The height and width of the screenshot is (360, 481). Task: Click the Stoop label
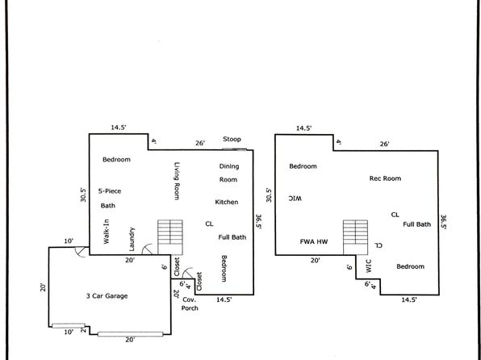(232, 139)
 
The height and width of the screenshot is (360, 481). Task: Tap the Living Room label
(177, 181)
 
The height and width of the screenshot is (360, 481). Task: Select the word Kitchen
(227, 202)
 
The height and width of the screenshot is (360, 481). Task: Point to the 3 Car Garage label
(107, 296)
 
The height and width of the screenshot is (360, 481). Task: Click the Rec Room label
(385, 178)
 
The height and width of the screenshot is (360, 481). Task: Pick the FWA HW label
(313, 241)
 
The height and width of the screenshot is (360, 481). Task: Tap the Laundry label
(132, 239)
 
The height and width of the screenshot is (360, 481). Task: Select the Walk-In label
(107, 232)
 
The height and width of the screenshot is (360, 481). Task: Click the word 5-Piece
(110, 190)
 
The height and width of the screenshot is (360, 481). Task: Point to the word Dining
(229, 166)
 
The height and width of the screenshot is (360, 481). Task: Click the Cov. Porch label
(190, 303)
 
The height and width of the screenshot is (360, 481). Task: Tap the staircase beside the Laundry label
(170, 237)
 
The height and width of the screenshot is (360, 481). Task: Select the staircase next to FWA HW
(356, 237)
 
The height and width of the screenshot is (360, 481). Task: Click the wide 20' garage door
(131, 334)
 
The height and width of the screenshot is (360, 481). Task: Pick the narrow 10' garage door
(69, 325)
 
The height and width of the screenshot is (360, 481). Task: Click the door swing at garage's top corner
(81, 252)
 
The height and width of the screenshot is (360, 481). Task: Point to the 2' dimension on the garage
(83, 330)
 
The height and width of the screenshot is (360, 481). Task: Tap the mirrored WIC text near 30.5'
(295, 199)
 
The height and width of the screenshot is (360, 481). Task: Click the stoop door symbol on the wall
(234, 149)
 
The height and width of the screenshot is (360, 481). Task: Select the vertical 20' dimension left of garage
(43, 287)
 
